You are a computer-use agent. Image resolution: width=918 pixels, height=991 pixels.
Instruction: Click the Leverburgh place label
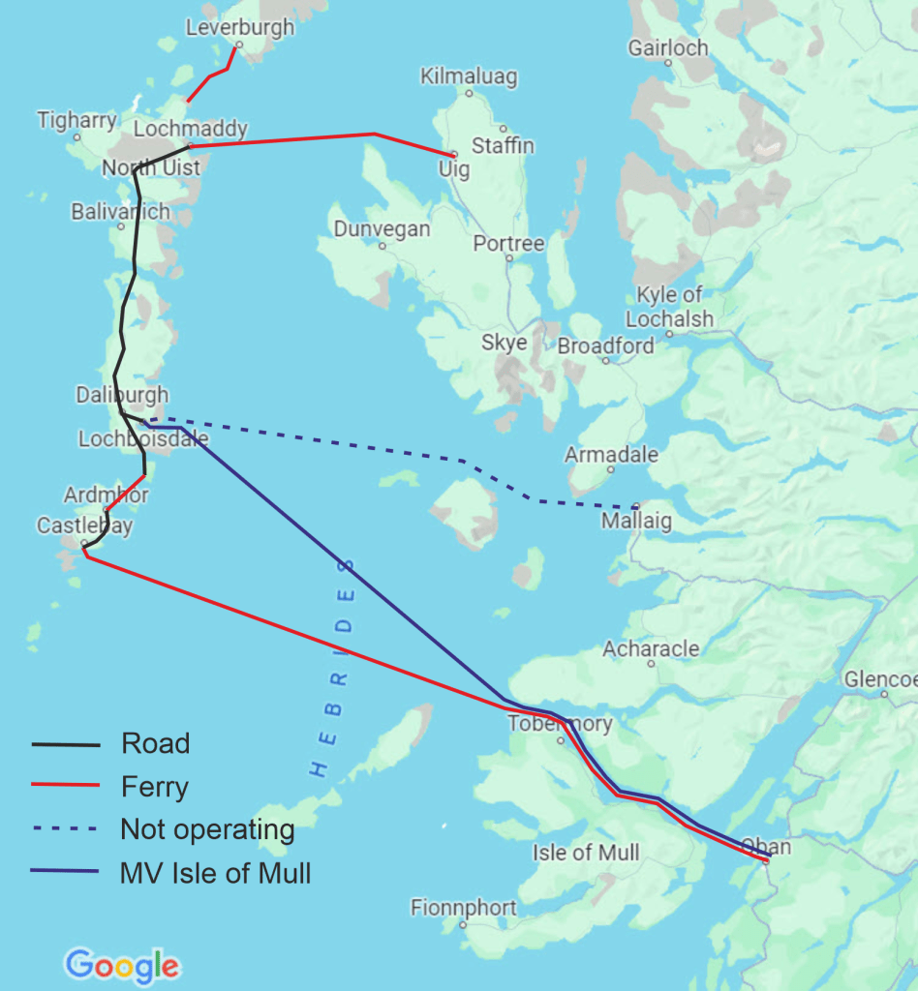(x=239, y=27)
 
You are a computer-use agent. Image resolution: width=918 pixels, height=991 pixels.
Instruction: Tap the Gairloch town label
(x=667, y=47)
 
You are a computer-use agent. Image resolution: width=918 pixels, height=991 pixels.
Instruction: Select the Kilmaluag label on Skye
(x=469, y=76)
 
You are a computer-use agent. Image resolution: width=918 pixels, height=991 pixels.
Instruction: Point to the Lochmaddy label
(x=191, y=129)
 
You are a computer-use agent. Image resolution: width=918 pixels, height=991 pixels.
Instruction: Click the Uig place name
(x=454, y=170)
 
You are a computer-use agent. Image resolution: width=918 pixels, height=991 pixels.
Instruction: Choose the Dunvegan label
(x=382, y=229)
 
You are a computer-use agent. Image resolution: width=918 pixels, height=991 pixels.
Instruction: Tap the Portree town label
(x=508, y=244)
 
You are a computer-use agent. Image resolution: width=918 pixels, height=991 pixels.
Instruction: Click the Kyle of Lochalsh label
(x=669, y=307)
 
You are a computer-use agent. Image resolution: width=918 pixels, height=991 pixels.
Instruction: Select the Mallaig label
(x=636, y=522)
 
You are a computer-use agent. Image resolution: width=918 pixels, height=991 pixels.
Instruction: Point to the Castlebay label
(x=84, y=526)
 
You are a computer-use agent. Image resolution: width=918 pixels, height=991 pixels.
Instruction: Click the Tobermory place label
(x=560, y=724)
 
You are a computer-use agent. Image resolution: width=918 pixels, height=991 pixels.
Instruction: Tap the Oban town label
(x=765, y=847)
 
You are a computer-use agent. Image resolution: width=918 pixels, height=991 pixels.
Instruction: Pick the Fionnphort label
(x=463, y=908)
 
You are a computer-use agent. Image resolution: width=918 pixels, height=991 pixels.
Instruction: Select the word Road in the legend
(x=155, y=743)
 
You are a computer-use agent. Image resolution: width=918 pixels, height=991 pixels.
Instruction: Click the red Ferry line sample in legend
(x=66, y=787)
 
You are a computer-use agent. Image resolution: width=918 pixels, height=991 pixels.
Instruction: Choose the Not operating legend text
(x=207, y=829)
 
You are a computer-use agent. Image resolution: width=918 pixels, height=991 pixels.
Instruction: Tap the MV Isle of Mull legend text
(x=215, y=873)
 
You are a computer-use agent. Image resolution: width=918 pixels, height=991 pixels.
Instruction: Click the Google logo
(x=122, y=965)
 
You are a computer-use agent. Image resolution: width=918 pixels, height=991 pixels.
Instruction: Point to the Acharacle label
(x=651, y=648)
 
